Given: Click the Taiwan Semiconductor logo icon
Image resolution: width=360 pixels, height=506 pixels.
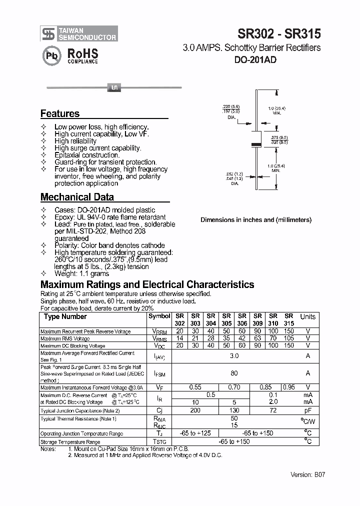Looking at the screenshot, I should [x=48, y=33].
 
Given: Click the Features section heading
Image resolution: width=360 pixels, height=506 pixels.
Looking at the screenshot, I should [x=60, y=113].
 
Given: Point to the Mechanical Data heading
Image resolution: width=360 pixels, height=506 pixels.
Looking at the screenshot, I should [x=77, y=197].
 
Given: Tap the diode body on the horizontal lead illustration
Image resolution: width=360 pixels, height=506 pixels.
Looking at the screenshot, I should [x=113, y=88].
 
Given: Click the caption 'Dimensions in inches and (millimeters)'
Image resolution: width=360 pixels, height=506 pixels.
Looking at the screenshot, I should [x=256, y=220].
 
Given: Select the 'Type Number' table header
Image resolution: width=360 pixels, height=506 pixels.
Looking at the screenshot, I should [x=65, y=316].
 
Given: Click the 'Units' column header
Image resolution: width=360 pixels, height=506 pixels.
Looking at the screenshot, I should [x=307, y=316].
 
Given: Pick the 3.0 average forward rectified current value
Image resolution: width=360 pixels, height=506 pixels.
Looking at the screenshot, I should [x=234, y=356].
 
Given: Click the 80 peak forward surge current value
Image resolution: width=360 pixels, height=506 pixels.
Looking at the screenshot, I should [x=234, y=373].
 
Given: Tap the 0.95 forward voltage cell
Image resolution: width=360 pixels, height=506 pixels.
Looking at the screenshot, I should [x=289, y=387].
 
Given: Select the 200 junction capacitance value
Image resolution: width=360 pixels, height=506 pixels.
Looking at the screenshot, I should [x=195, y=410].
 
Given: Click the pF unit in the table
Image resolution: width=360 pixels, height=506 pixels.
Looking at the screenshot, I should [x=307, y=410].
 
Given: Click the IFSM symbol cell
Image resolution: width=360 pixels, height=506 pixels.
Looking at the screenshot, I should [x=159, y=373].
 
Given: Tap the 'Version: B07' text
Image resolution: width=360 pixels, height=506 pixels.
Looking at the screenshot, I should [x=307, y=474].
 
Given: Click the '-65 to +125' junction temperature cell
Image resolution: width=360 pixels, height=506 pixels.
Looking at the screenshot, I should [x=195, y=433].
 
